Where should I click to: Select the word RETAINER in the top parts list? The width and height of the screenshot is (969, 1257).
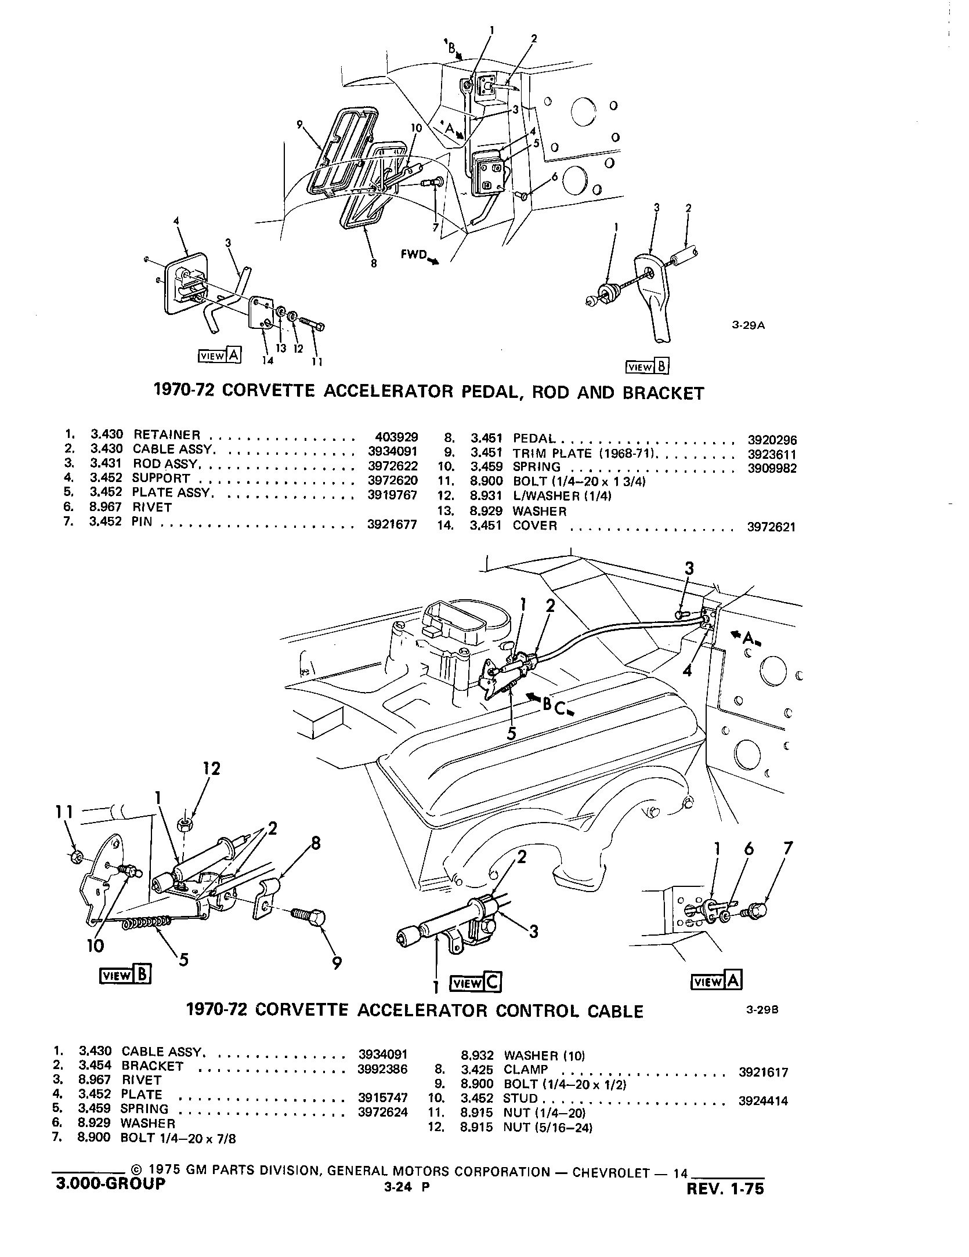[167, 434]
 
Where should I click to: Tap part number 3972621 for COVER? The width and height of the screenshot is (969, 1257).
[772, 527]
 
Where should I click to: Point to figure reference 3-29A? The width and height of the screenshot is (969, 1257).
[749, 325]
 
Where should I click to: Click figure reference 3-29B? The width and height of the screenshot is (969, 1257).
[761, 1025]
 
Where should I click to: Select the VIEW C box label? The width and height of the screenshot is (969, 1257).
[476, 983]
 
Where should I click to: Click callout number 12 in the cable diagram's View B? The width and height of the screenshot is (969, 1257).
[211, 769]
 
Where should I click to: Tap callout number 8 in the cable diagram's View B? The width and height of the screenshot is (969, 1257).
[316, 843]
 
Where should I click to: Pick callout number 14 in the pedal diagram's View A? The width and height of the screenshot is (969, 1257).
[267, 361]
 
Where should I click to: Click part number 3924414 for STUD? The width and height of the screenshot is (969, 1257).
[763, 1099]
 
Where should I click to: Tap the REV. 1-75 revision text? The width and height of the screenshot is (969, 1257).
[725, 1189]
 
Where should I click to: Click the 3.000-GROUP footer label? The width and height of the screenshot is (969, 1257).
[110, 1183]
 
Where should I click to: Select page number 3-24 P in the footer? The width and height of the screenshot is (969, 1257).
[406, 1187]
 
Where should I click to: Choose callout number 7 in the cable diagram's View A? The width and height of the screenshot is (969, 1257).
[787, 849]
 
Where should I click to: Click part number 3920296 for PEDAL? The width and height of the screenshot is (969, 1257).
[772, 440]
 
